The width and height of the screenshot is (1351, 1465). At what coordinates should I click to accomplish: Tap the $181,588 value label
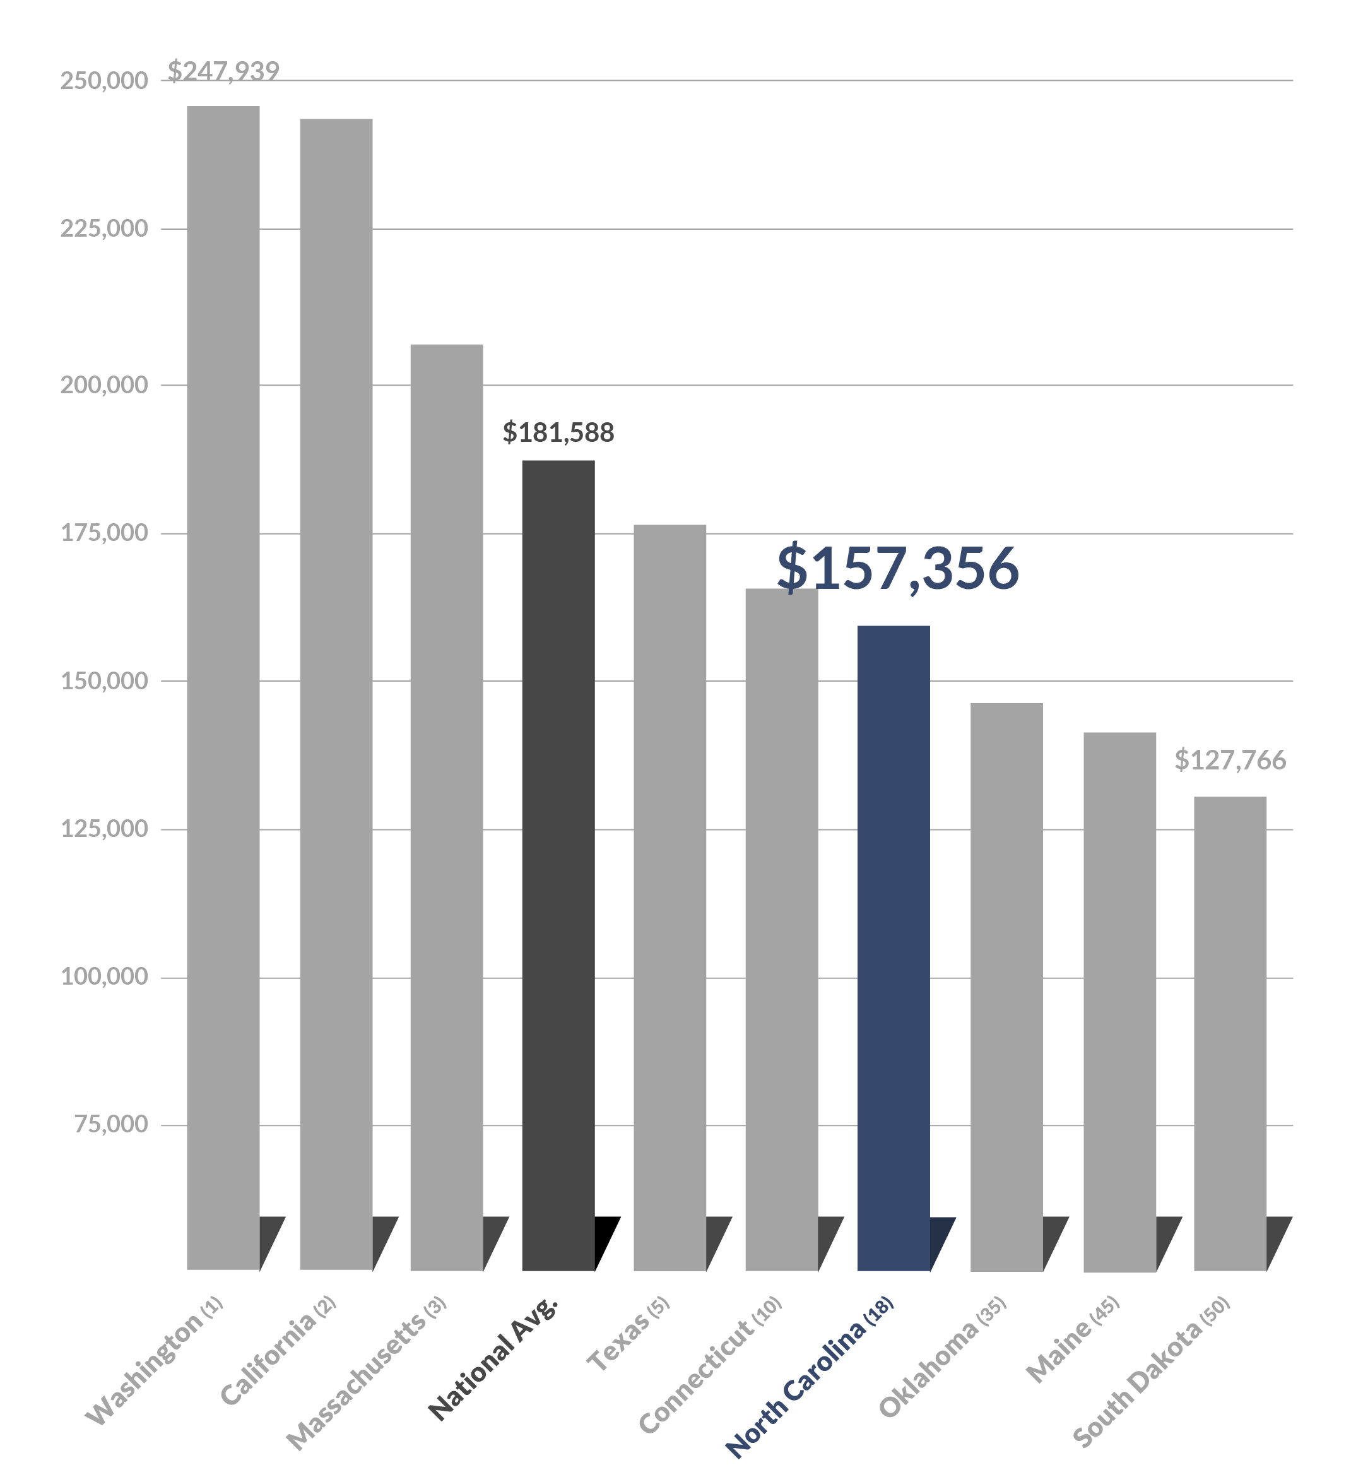point(558,432)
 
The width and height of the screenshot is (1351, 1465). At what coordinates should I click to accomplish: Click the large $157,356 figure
point(897,568)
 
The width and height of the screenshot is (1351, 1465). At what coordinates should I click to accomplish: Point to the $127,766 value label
point(1230,760)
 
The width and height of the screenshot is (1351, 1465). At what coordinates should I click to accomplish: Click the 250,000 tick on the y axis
point(104,80)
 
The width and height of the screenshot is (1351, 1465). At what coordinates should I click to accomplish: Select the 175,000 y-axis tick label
point(104,533)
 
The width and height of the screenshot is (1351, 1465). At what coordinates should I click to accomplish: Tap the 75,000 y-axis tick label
point(110,1124)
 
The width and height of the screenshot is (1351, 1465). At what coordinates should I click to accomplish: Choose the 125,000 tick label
point(104,829)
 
